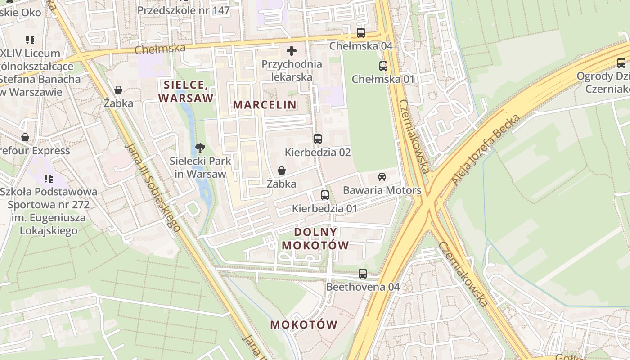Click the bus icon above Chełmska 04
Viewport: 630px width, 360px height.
(361, 32)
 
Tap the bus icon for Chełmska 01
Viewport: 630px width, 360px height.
(383, 66)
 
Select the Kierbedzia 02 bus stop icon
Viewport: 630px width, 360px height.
(318, 139)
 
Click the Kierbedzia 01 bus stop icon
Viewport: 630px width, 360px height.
(324, 195)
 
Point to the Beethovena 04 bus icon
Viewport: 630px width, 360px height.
(363, 273)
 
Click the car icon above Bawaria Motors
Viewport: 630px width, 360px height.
(382, 177)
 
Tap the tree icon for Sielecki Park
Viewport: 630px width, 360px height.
(200, 147)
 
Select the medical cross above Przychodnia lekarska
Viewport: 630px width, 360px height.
(292, 51)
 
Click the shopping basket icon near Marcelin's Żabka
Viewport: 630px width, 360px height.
(282, 171)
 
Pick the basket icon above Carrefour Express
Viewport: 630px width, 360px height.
(25, 137)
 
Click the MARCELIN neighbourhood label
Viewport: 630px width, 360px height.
(265, 105)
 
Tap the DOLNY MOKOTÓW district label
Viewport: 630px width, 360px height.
(321, 239)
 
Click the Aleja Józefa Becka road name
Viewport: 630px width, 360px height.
(486, 150)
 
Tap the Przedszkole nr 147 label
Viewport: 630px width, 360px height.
(184, 10)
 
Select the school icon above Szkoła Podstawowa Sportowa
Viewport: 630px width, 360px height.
(49, 179)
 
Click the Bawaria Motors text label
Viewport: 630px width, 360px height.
(382, 190)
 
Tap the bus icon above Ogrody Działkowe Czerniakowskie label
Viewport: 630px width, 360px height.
(621, 63)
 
